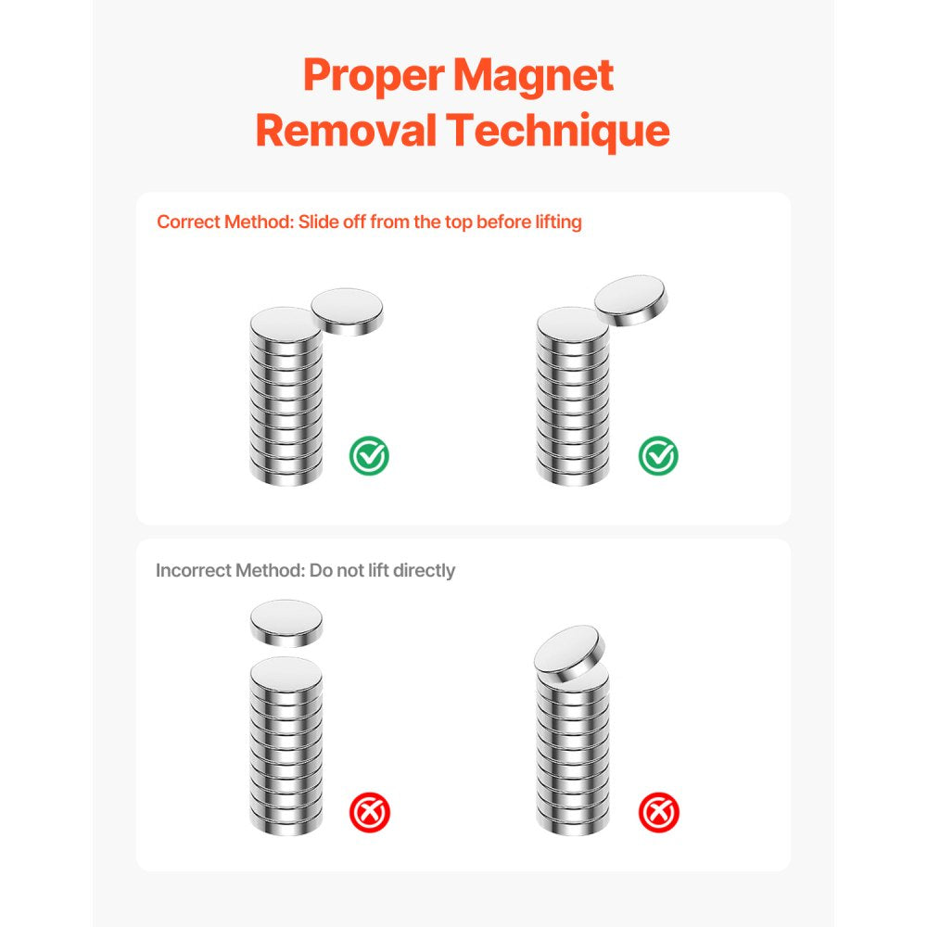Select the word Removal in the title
[x=346, y=131]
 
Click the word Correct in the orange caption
[x=189, y=222]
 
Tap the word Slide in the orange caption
[x=318, y=222]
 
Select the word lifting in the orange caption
[x=553, y=222]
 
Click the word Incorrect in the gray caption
[x=193, y=570]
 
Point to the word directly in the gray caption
[x=424, y=570]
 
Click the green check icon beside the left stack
[x=369, y=455]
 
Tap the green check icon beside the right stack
[x=658, y=455]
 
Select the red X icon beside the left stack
[x=370, y=813]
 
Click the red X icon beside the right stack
[x=659, y=813]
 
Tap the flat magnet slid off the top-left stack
[x=347, y=311]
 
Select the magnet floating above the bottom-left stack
[x=286, y=623]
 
